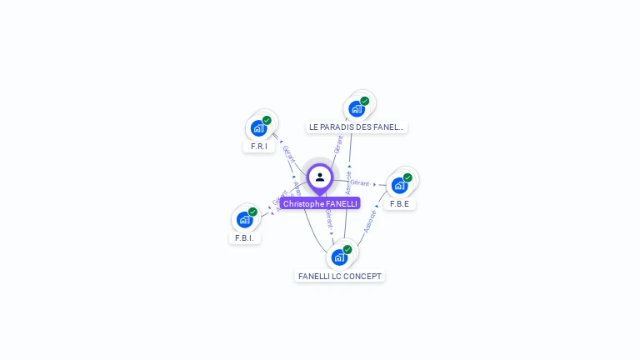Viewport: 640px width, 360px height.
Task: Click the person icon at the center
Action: pos(320,177)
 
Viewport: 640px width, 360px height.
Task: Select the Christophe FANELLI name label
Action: pos(320,203)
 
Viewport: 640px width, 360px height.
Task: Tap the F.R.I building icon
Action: pos(258,128)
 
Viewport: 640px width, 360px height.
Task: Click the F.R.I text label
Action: pos(258,146)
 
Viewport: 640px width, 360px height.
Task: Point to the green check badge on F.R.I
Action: pos(267,120)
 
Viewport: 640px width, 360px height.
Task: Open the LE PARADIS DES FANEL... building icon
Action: pos(357,108)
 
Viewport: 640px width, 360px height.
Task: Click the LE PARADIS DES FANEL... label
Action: pos(357,127)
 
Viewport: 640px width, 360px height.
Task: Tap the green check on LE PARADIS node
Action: pos(364,101)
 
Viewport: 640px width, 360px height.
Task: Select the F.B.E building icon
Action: pos(400,185)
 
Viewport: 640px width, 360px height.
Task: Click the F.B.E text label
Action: pos(400,203)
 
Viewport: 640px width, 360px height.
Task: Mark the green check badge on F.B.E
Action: pos(407,177)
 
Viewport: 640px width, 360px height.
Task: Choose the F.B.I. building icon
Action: pos(244,219)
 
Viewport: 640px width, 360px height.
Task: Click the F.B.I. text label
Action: pos(244,237)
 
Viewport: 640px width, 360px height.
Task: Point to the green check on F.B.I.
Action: pos(252,211)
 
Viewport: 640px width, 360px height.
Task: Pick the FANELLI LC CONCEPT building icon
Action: pos(339,257)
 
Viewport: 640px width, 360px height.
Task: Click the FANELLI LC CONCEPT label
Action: pos(340,276)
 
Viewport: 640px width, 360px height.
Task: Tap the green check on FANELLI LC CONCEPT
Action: pos(347,249)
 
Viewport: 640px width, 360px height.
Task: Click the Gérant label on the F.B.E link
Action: pos(360,182)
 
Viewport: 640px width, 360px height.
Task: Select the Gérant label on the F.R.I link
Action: pos(289,153)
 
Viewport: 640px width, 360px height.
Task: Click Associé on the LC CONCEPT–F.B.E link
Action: pos(370,220)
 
